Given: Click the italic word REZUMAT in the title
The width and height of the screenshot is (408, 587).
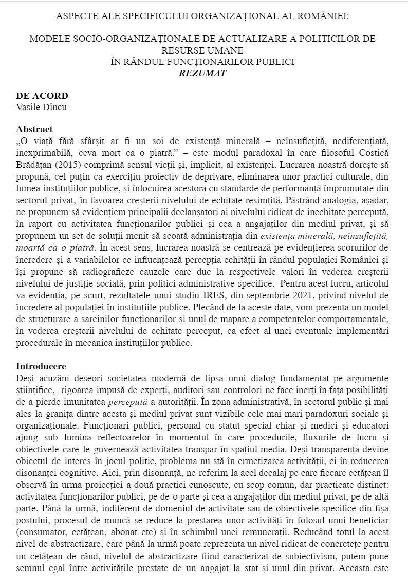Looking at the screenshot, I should coord(202,73).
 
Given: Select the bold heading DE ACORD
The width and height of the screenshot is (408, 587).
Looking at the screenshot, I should coord(42,96).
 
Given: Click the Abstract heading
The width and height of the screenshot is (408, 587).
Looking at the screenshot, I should coord(34,129).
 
